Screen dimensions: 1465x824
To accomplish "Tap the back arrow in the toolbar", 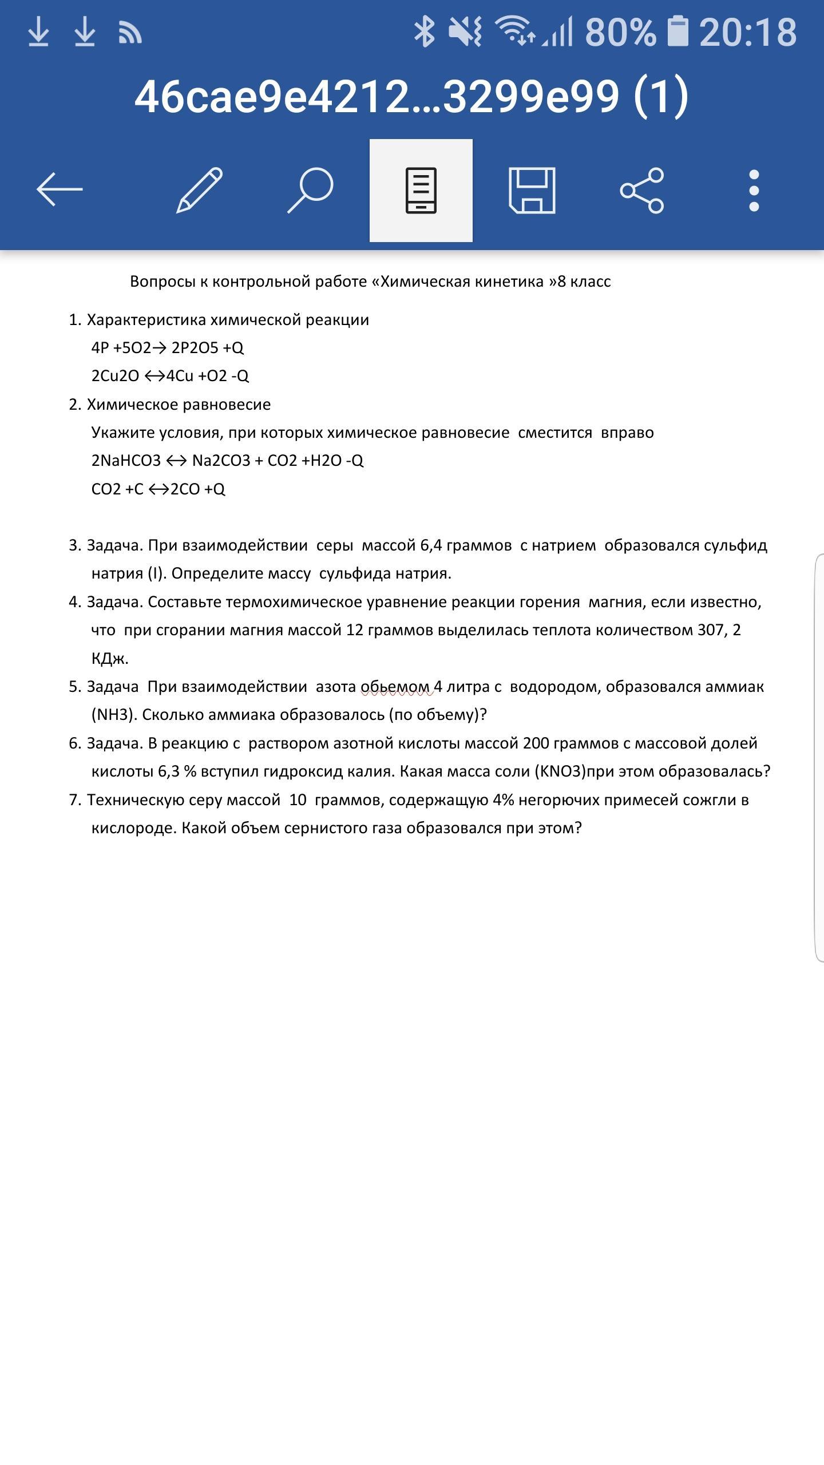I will (x=60, y=189).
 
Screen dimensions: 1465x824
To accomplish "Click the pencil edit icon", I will (x=199, y=190).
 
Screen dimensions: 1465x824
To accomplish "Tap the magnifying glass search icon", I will (x=310, y=190).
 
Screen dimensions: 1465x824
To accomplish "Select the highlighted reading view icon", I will (x=421, y=191).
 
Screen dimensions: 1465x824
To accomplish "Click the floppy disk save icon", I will (x=532, y=191).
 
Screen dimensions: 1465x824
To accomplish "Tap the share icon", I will (x=642, y=191).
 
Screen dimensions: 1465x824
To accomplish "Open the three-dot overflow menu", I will (x=754, y=191).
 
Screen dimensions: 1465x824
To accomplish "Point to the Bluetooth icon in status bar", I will (x=424, y=31).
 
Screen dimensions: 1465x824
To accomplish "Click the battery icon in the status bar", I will (x=678, y=31).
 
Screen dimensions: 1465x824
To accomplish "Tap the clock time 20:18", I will (x=748, y=32).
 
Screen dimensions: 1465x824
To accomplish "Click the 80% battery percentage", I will (x=620, y=32).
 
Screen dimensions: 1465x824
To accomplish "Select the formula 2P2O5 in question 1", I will (x=195, y=348).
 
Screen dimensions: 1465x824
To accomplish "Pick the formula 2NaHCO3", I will (x=126, y=461).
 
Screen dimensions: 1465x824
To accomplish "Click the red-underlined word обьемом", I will (x=395, y=687).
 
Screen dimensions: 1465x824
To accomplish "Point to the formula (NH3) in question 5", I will (x=112, y=715).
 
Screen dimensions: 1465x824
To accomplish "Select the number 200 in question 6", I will (x=536, y=743).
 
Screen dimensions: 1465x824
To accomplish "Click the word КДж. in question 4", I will (x=110, y=659).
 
